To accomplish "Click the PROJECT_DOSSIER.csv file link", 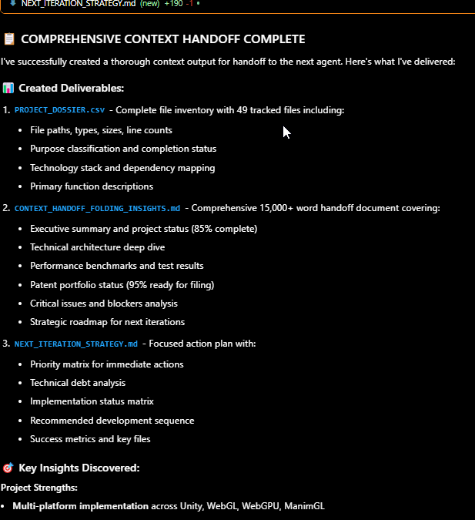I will (x=59, y=110).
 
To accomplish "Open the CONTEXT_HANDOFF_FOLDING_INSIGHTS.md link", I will (x=97, y=208).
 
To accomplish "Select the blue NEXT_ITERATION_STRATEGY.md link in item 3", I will (x=75, y=344).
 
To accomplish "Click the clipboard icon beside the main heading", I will (x=9, y=39).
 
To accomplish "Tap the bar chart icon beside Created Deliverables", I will (x=8, y=89).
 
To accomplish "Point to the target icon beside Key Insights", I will (x=8, y=468).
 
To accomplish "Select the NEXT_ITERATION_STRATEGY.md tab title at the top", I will (x=78, y=4).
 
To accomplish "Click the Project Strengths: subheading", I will (x=38, y=488).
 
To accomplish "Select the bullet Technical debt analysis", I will (x=78, y=383).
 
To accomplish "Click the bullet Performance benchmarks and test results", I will (x=117, y=266).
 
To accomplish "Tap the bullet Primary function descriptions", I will (x=92, y=186).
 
